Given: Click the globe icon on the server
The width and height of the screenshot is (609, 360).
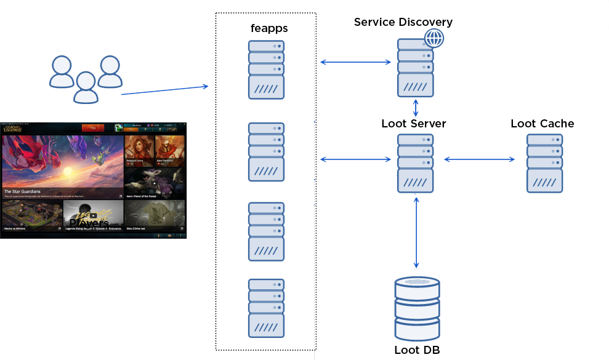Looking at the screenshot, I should [x=434, y=38].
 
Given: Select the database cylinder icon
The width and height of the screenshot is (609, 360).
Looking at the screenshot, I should [x=417, y=310].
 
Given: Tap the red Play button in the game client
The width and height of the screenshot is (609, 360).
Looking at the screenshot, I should [x=93, y=128].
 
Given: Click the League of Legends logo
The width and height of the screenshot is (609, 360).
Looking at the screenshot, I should [x=12, y=129].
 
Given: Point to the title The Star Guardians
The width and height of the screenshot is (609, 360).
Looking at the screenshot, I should [x=22, y=191].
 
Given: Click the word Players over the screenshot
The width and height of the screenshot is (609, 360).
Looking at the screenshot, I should [x=89, y=223].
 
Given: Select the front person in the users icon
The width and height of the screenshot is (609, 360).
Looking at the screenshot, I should [x=86, y=87].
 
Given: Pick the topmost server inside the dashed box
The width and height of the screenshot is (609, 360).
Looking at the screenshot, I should [x=266, y=70].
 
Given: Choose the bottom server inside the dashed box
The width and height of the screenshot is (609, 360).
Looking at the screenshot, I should [x=266, y=308].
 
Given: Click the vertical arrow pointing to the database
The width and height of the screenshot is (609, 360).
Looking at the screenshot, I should [x=417, y=231].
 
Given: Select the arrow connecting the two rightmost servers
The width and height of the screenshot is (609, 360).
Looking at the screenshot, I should [x=480, y=159].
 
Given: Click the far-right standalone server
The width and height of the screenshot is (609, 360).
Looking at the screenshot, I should [x=544, y=163].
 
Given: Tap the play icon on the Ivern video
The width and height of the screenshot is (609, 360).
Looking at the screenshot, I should [x=154, y=183].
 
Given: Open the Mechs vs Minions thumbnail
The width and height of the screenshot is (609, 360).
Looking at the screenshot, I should [x=31, y=215].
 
